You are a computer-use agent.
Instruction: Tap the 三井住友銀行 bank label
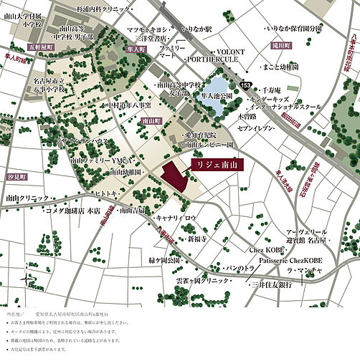point(270,285)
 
